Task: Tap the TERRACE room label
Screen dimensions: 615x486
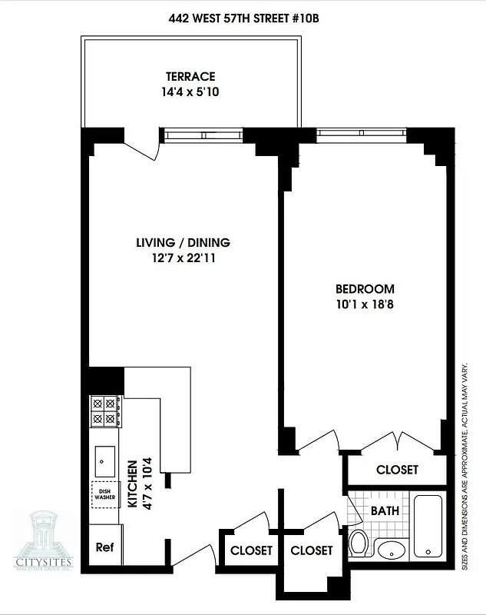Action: tap(190, 76)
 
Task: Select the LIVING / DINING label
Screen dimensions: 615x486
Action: tap(183, 243)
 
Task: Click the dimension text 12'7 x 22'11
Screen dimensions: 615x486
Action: tap(182, 258)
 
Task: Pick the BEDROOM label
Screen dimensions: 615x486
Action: tap(365, 289)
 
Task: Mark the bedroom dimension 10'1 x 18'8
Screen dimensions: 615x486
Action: tap(365, 304)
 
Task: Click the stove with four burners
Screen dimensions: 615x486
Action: tap(106, 411)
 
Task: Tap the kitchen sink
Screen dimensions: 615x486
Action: tap(105, 461)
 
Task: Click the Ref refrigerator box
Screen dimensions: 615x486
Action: tap(104, 548)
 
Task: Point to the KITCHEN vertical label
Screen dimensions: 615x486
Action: tap(131, 484)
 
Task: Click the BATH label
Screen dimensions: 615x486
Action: tap(384, 510)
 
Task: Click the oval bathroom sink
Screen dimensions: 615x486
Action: tap(393, 550)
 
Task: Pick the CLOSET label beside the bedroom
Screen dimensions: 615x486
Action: tap(397, 470)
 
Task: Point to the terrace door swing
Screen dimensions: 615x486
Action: tap(142, 145)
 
